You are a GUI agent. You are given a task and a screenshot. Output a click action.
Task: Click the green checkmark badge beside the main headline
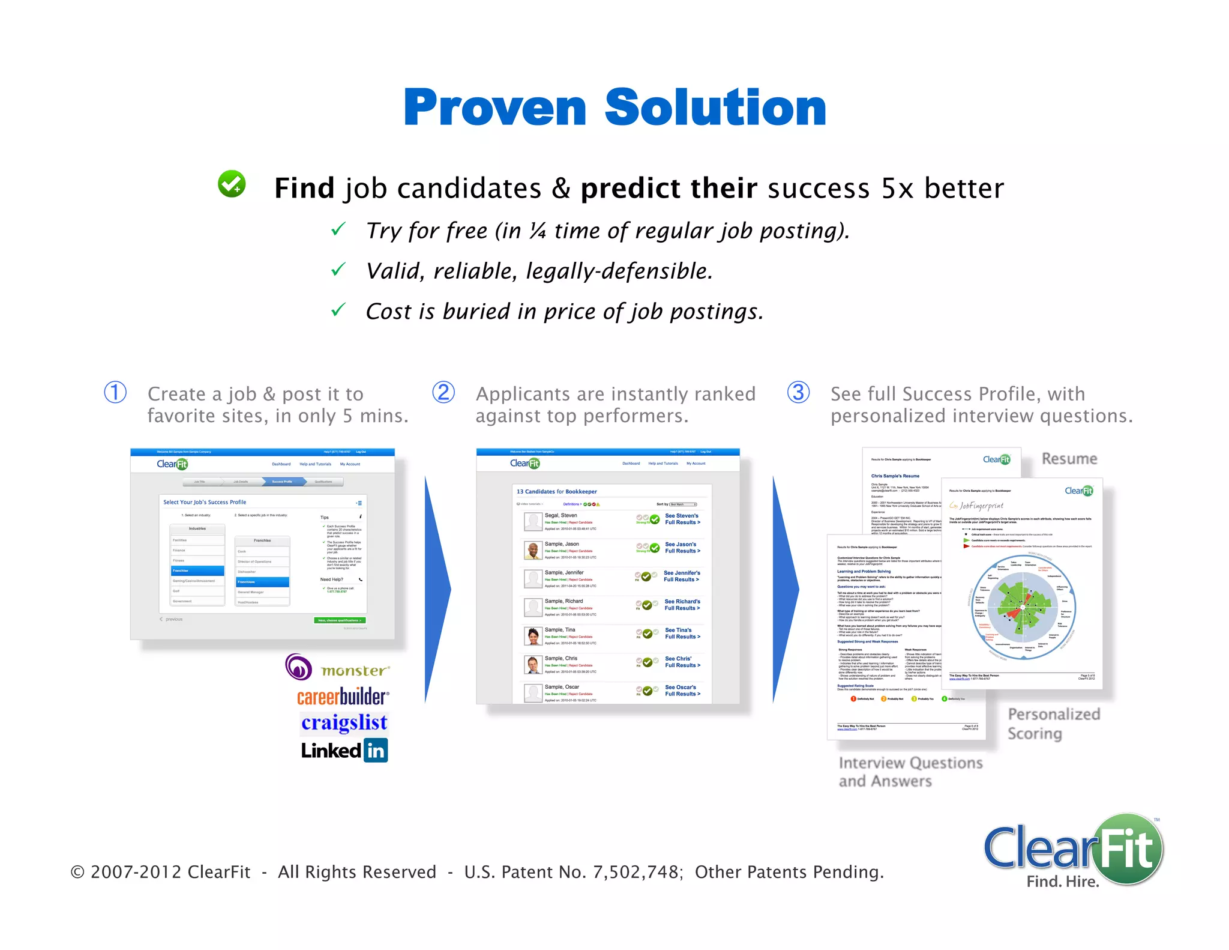pyautogui.click(x=232, y=184)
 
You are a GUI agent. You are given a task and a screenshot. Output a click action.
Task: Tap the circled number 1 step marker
pyautogui.click(x=115, y=393)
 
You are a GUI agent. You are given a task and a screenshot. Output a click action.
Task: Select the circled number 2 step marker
pyautogui.click(x=443, y=393)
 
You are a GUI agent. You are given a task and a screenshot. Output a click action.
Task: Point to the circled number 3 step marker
pyautogui.click(x=798, y=393)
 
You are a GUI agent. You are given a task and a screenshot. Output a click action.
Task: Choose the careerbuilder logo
pyautogui.click(x=343, y=697)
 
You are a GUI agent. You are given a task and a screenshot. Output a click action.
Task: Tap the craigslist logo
pyautogui.click(x=344, y=722)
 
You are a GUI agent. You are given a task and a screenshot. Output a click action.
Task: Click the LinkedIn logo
pyautogui.click(x=344, y=750)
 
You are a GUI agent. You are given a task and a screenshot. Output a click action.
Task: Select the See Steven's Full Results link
pyautogui.click(x=682, y=519)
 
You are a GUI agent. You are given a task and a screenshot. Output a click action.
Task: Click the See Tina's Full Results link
pyautogui.click(x=682, y=634)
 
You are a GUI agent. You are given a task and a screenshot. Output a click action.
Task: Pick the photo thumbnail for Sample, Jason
pyautogui.click(x=533, y=550)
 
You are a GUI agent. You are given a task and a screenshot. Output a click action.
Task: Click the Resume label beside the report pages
pyautogui.click(x=1069, y=459)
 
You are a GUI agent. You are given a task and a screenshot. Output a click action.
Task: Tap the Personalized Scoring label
pyautogui.click(x=1053, y=724)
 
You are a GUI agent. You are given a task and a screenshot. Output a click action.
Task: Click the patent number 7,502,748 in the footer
pyautogui.click(x=636, y=872)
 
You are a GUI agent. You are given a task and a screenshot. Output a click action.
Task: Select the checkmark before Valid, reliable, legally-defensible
pyautogui.click(x=338, y=270)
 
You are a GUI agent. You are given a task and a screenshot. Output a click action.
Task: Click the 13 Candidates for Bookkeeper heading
pyautogui.click(x=556, y=491)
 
